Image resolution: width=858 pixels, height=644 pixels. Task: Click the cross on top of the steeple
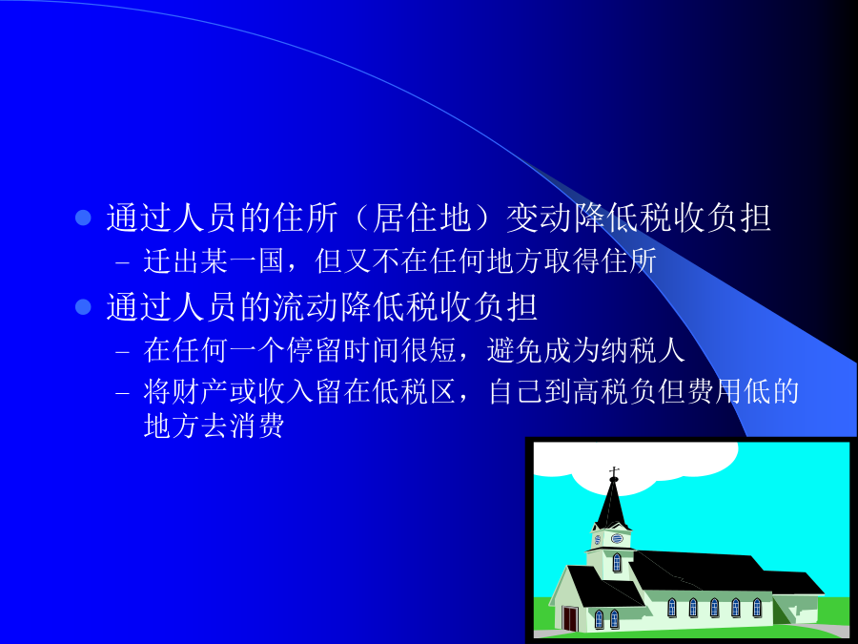tap(614, 472)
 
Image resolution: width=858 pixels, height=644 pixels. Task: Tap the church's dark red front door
tap(569, 617)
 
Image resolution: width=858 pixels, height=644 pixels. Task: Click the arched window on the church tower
tap(617, 562)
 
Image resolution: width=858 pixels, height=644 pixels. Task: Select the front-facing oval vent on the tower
tap(617, 538)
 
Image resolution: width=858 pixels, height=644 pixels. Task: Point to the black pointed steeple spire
tap(612, 504)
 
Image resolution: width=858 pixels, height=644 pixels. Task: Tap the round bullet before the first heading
tap(83, 218)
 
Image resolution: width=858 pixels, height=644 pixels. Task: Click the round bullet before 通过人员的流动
tap(83, 306)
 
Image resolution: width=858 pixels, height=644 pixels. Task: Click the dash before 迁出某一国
tap(123, 263)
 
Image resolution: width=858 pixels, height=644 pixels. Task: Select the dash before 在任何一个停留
tap(123, 352)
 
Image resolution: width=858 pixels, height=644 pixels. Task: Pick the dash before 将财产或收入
tap(123, 394)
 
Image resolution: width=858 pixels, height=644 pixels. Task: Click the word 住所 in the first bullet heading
tap(306, 218)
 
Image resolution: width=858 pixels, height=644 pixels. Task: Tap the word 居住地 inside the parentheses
tap(421, 218)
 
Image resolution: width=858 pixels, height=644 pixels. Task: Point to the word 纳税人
tap(642, 350)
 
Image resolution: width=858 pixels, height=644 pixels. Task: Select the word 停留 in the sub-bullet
tap(314, 350)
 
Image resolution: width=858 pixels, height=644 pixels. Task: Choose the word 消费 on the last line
tap(256, 426)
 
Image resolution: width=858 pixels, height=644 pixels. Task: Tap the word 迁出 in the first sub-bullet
tap(172, 260)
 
